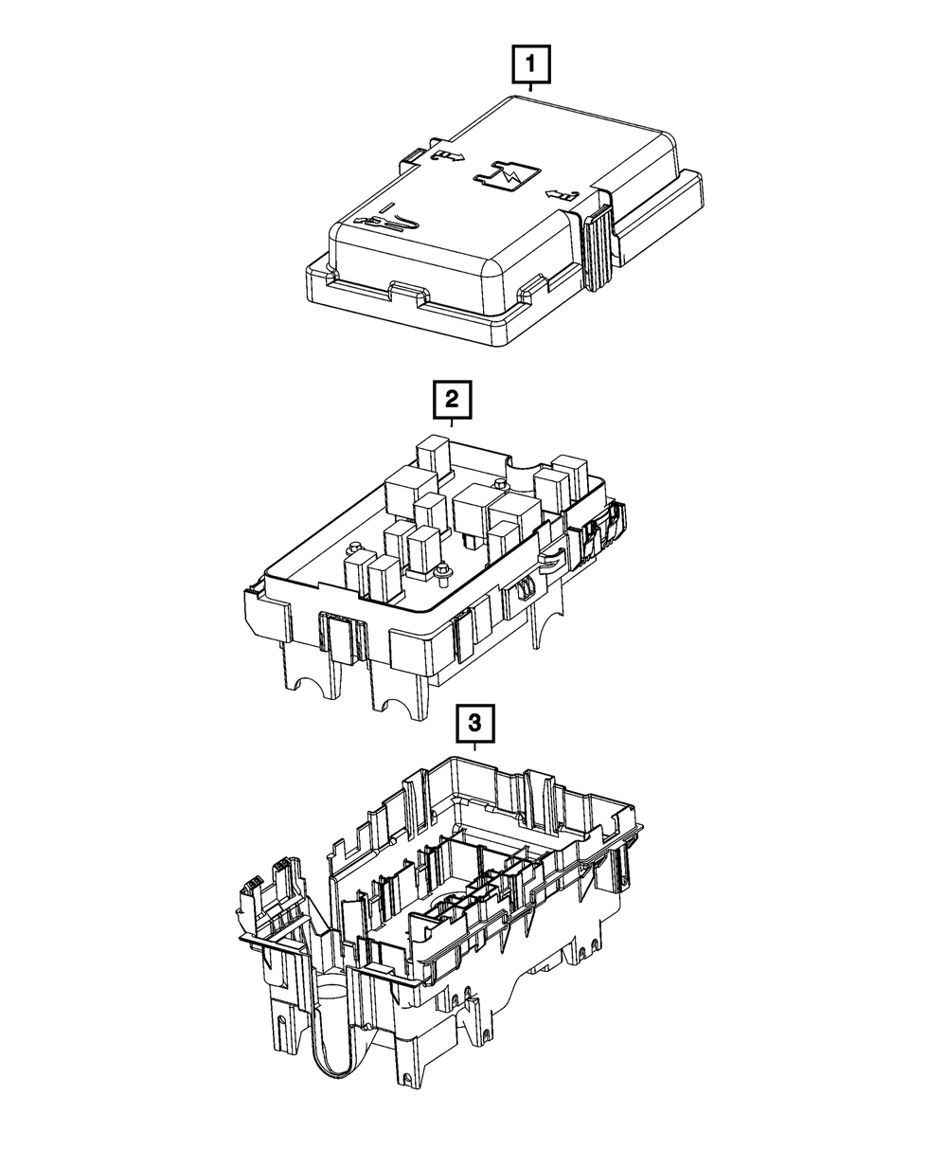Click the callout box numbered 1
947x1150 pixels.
coord(530,64)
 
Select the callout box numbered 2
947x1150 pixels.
coord(452,400)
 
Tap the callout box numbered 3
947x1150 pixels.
coord(474,723)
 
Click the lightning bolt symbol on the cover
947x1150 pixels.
coord(507,177)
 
